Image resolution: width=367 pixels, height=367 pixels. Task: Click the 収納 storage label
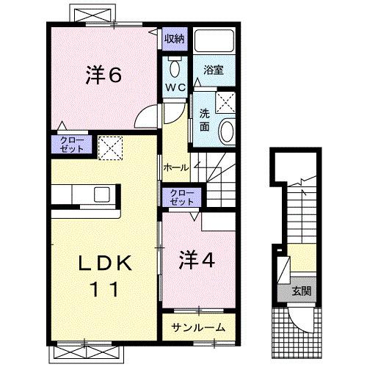(x=174, y=39)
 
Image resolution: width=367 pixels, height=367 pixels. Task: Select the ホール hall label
(x=176, y=168)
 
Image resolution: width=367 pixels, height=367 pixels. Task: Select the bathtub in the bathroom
(x=214, y=45)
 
